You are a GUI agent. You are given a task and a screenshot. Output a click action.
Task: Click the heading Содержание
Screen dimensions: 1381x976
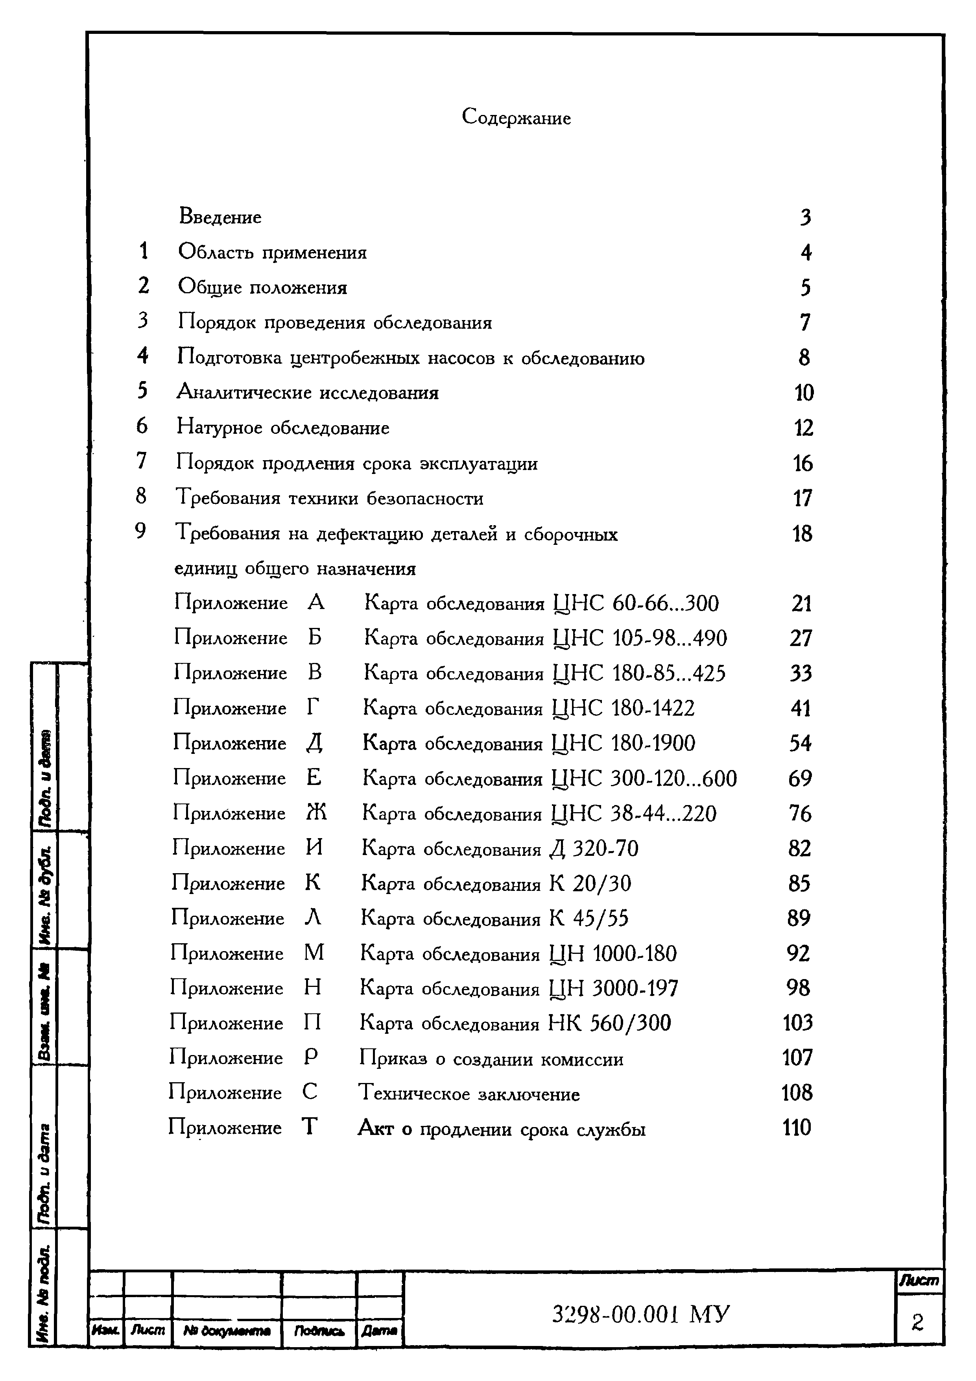point(516,117)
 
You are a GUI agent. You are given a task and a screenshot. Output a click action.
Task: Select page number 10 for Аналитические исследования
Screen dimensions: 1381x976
point(804,393)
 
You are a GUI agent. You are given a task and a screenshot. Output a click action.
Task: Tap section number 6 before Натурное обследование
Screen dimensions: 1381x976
point(142,426)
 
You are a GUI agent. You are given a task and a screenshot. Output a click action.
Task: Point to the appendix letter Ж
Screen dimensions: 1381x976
point(316,813)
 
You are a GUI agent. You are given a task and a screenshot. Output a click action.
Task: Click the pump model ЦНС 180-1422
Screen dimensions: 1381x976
point(623,708)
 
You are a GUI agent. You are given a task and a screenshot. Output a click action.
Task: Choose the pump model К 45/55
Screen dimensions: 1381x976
point(589,918)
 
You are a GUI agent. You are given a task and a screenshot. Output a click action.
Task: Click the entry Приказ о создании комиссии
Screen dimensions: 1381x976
point(491,1059)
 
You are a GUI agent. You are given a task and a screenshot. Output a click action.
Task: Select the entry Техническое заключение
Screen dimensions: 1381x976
point(469,1094)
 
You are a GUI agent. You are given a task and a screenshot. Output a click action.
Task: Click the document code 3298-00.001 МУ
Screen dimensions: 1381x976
point(641,1315)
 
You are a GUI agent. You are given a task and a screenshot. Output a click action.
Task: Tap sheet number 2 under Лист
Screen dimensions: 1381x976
point(917,1322)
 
